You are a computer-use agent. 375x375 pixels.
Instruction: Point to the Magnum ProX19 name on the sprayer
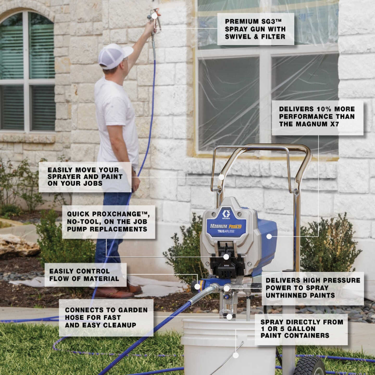click(x=226, y=226)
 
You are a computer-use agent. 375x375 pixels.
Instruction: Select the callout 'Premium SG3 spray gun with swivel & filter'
click(x=255, y=29)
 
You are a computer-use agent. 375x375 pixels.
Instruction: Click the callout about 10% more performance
click(x=317, y=117)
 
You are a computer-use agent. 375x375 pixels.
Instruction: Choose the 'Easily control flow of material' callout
click(x=85, y=275)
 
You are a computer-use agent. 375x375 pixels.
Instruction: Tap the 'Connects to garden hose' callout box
click(x=106, y=317)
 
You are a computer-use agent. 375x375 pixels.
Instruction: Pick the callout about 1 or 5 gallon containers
click(x=301, y=329)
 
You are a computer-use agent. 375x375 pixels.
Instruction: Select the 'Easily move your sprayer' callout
click(x=85, y=177)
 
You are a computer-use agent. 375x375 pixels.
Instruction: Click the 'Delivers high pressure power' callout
click(x=312, y=288)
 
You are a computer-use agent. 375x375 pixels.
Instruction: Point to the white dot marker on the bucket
click(x=236, y=355)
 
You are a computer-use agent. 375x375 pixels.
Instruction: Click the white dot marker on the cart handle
click(x=221, y=177)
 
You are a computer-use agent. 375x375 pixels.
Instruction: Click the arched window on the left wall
click(x=27, y=70)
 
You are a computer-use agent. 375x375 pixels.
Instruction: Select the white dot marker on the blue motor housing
click(x=269, y=236)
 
